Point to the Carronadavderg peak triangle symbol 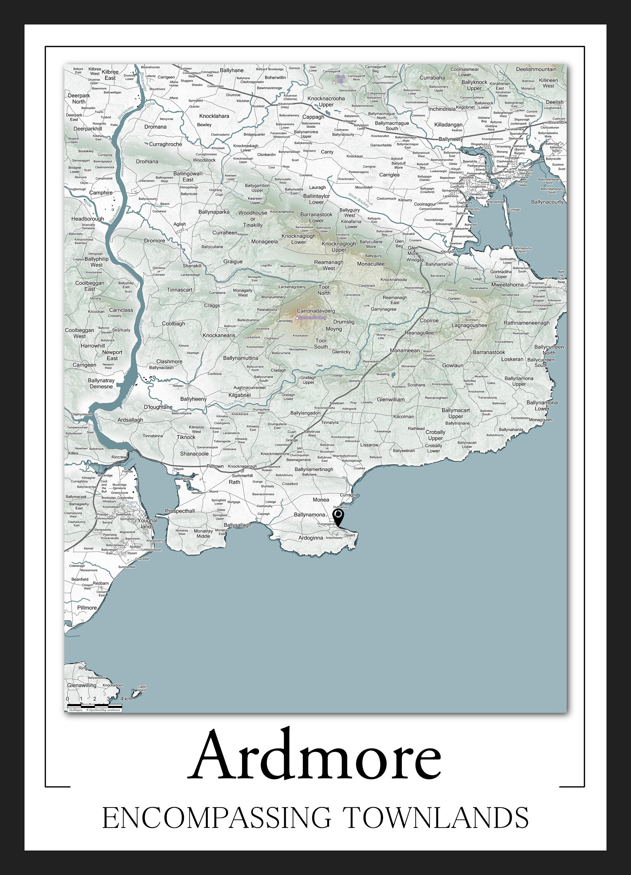297,318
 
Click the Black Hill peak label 340,79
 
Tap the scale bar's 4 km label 126,699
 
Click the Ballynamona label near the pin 309,515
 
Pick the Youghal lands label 147,523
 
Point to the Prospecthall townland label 180,511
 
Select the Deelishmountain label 536,69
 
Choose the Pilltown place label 215,466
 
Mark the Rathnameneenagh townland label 526,323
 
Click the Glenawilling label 81,685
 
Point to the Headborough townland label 88,219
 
